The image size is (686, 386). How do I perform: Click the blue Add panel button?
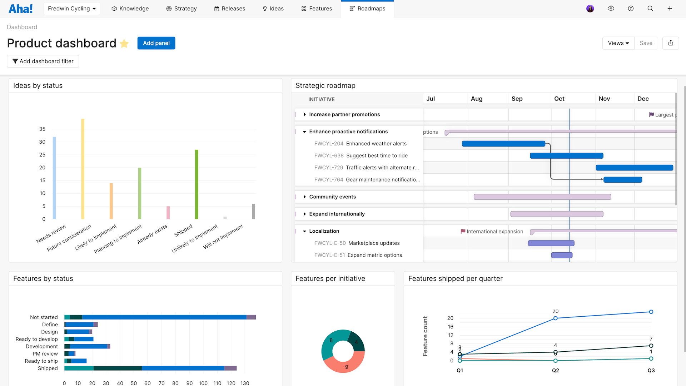click(156, 43)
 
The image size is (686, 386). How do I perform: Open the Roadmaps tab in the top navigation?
click(367, 9)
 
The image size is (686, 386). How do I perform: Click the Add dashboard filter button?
click(43, 61)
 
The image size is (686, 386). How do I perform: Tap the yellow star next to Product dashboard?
click(124, 44)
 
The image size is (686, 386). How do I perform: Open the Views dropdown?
click(618, 43)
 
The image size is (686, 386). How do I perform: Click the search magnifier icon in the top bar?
click(650, 9)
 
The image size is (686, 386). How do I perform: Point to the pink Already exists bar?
click(168, 213)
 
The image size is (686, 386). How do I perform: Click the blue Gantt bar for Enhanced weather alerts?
click(503, 144)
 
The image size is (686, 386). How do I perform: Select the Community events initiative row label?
click(332, 197)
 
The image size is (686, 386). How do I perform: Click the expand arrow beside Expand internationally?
click(305, 214)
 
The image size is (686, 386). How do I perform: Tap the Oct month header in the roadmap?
click(559, 99)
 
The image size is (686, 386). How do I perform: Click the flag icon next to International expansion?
click(463, 231)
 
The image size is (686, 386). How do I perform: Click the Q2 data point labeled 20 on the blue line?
click(555, 318)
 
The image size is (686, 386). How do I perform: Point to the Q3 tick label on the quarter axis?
click(651, 371)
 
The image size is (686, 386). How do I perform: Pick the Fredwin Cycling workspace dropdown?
click(71, 9)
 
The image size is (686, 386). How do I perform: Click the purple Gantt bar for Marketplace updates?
click(551, 243)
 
